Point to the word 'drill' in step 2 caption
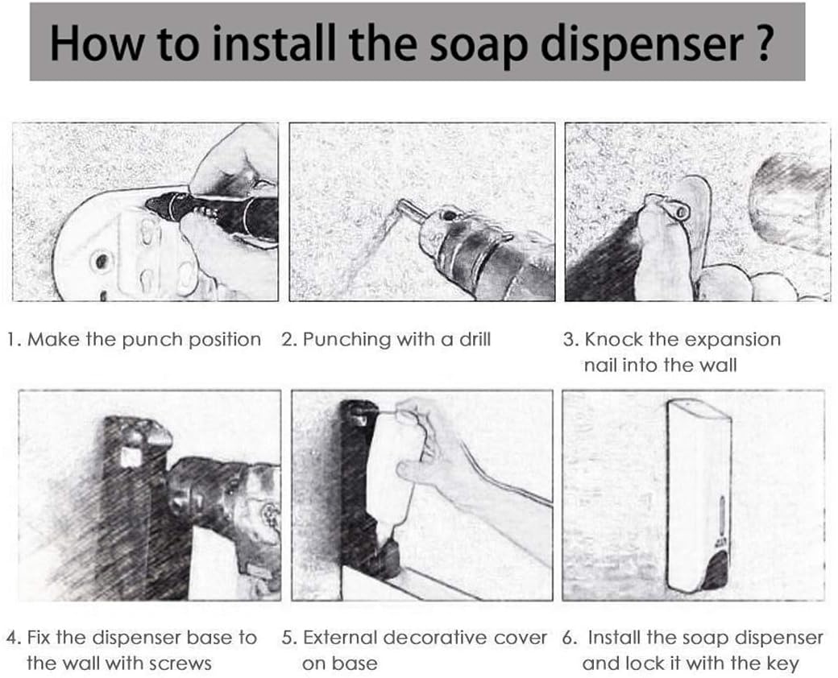[x=475, y=339]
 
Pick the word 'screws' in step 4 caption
[x=180, y=664]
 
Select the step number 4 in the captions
[x=13, y=638]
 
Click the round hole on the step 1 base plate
[x=101, y=261]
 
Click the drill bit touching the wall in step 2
[x=412, y=209]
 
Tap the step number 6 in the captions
[x=570, y=638]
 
